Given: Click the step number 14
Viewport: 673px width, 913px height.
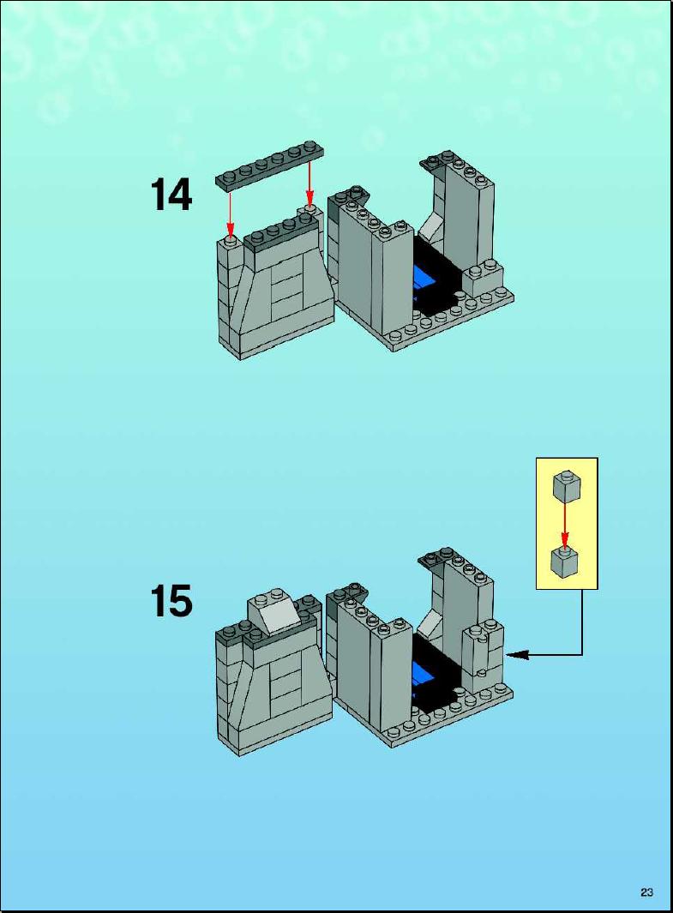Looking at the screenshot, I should coord(171,195).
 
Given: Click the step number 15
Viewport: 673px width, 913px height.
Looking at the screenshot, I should coord(171,601).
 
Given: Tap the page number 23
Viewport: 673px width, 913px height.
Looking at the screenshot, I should coord(646,892).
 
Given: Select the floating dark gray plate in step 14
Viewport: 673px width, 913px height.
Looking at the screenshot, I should coord(271,164).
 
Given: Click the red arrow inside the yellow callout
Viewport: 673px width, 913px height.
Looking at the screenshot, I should coord(565,523).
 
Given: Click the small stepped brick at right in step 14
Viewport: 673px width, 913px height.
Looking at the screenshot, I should coord(484,278).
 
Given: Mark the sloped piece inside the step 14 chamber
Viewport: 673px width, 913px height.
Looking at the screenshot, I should coord(430,230).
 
